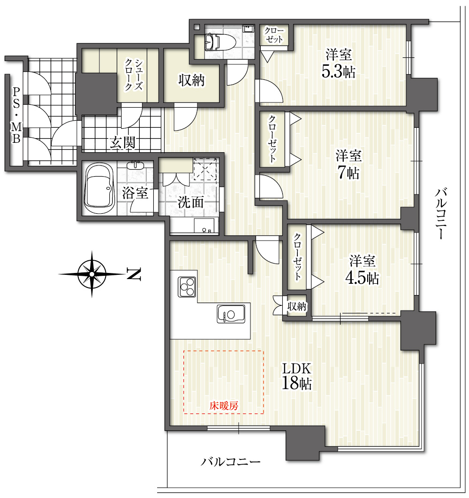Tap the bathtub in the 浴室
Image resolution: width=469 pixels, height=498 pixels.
click(x=99, y=188)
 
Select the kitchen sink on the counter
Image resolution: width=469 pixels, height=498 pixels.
click(x=231, y=314)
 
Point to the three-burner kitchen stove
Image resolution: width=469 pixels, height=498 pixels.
click(x=187, y=287)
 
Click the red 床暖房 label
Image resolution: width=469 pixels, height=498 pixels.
click(x=224, y=405)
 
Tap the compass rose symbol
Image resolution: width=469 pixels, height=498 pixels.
click(x=92, y=274)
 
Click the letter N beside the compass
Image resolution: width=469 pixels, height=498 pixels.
click(x=134, y=274)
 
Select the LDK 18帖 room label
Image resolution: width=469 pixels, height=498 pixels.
click(x=297, y=376)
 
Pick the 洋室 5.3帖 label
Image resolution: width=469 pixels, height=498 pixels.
click(x=338, y=63)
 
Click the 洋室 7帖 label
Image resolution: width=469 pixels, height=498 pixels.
click(x=348, y=164)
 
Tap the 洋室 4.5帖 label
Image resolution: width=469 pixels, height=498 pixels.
click(x=362, y=269)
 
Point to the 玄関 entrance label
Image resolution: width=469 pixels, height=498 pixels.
click(x=123, y=143)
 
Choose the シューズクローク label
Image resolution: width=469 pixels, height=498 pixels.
click(x=134, y=75)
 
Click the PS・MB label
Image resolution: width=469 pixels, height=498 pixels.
click(x=16, y=115)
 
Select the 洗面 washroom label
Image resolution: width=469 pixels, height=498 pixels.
click(x=190, y=202)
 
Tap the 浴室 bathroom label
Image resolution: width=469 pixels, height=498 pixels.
click(x=135, y=193)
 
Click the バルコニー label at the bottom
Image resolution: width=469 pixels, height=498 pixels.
click(x=231, y=461)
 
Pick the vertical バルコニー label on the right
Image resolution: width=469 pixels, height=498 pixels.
click(x=441, y=213)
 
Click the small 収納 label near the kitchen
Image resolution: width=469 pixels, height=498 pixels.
click(x=297, y=306)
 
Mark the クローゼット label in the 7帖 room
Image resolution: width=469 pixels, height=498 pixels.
click(x=272, y=139)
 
